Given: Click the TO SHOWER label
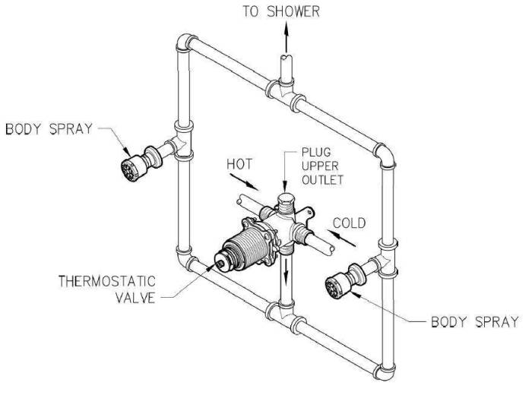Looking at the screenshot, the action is pyautogui.click(x=281, y=11).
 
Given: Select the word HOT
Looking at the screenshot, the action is pyautogui.click(x=239, y=164).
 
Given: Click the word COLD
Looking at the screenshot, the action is pyautogui.click(x=349, y=223).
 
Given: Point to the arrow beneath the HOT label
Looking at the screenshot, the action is pyautogui.click(x=244, y=182).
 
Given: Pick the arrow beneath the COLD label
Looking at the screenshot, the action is pyautogui.click(x=341, y=238).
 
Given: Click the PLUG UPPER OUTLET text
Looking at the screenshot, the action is pyautogui.click(x=322, y=166).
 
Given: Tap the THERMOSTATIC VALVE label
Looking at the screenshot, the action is pyautogui.click(x=107, y=289).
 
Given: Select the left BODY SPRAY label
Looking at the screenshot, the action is pyautogui.click(x=49, y=129).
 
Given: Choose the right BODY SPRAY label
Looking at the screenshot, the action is pyautogui.click(x=475, y=321).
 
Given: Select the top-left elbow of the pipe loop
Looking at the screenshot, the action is pyautogui.click(x=185, y=43).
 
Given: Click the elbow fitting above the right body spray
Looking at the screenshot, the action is pyautogui.click(x=386, y=156).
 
